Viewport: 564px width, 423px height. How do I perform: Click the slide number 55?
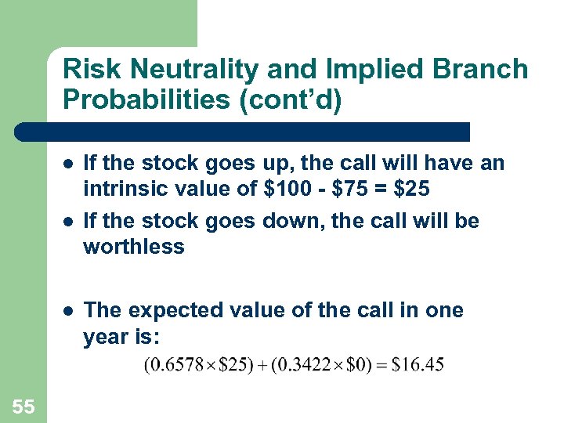point(23,405)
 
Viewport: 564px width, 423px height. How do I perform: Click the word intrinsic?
point(121,189)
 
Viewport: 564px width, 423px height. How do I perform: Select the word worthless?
point(134,247)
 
